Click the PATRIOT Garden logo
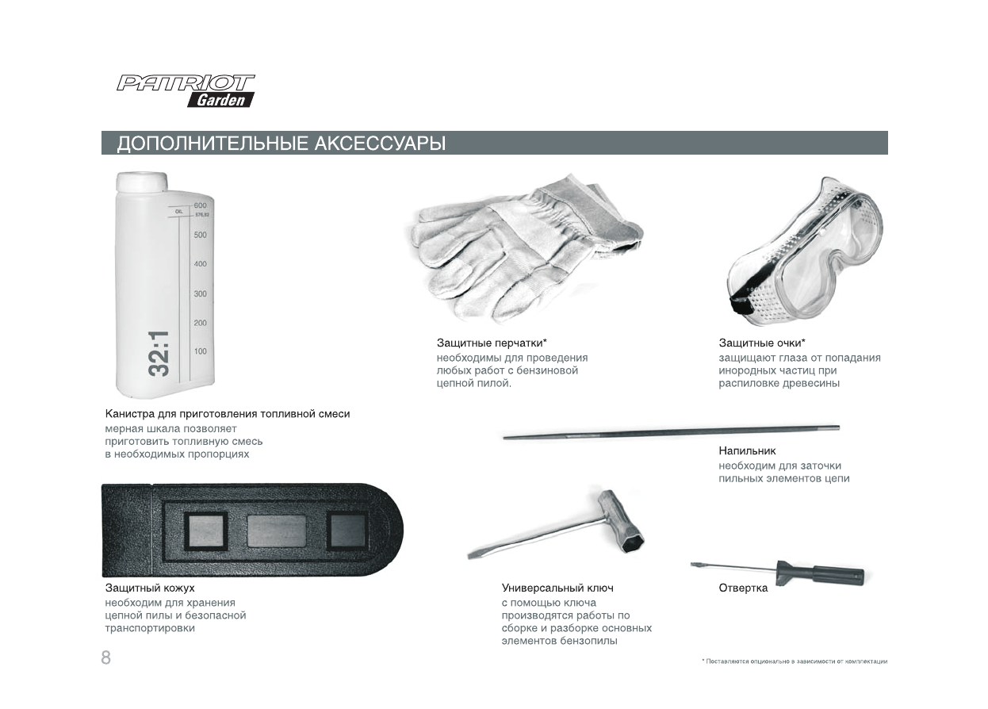pyautogui.click(x=186, y=90)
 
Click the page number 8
pyautogui.click(x=105, y=657)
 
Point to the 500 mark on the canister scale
pyautogui.click(x=200, y=235)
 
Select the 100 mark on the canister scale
pyautogui.click(x=200, y=351)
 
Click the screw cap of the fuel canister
pyautogui.click(x=143, y=182)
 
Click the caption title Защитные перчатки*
pyautogui.click(x=492, y=343)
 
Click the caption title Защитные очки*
pyautogui.click(x=761, y=343)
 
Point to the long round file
pyautogui.click(x=670, y=432)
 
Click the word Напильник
pyautogui.click(x=741, y=451)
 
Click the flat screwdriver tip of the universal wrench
pyautogui.click(x=477, y=553)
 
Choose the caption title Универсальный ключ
pyautogui.click(x=557, y=588)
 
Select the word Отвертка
pyautogui.click(x=743, y=588)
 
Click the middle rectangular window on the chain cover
pyautogui.click(x=276, y=531)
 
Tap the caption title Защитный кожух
pyautogui.click(x=150, y=588)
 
